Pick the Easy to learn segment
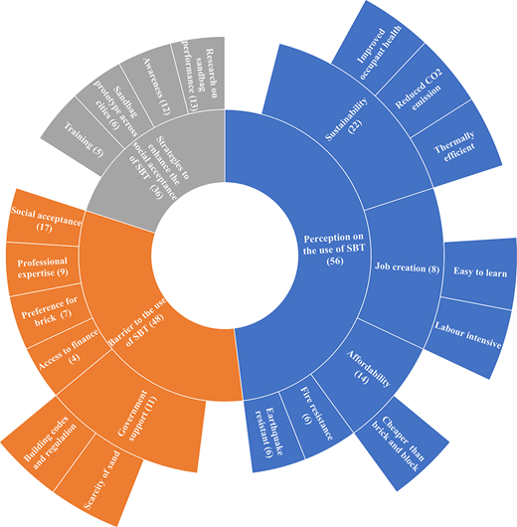479,272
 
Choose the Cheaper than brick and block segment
400,443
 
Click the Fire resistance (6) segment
316,417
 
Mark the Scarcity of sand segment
99,480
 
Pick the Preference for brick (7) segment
51,312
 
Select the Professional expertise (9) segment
43,267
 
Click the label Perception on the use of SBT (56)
333,250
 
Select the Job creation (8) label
407,267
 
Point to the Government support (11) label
138,415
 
